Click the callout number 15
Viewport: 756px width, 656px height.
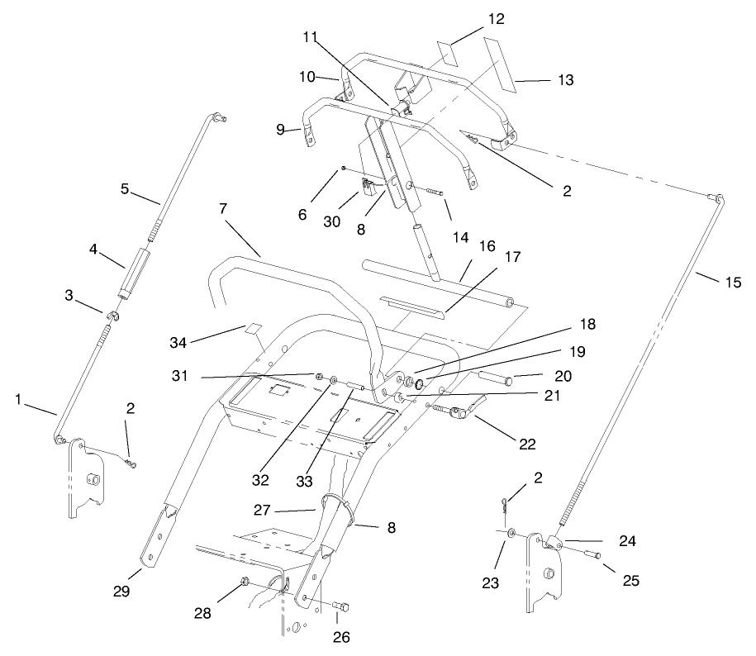point(733,283)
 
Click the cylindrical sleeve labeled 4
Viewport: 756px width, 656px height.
point(135,270)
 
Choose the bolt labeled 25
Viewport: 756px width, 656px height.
point(592,556)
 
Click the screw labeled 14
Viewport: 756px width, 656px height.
point(435,194)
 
